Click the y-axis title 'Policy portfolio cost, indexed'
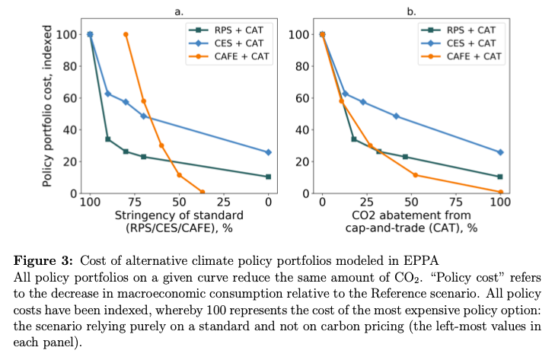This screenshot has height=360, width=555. point(48,106)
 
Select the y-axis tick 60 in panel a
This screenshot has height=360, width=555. point(70,97)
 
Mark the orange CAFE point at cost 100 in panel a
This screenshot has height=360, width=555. point(126,34)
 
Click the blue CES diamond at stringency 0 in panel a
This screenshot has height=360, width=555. point(268,152)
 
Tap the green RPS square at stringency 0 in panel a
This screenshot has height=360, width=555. point(268,177)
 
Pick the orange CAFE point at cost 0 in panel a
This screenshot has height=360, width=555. point(202,192)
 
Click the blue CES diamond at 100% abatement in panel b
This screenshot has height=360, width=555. point(500,152)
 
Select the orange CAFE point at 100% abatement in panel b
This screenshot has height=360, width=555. point(500,192)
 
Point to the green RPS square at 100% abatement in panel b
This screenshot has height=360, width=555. point(500,177)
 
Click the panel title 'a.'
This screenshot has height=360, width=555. point(179,11)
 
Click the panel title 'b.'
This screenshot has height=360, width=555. point(411,11)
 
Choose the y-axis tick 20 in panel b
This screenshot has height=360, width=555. point(302,161)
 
